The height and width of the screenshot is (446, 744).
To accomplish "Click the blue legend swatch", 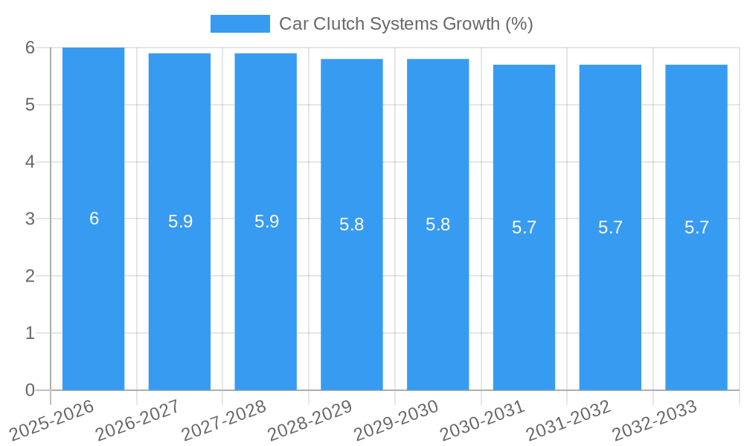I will [240, 24].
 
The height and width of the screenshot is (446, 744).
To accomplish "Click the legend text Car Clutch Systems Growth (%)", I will [405, 24].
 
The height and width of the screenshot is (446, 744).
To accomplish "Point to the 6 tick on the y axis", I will [30, 48].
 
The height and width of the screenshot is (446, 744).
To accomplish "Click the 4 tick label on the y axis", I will [30, 162].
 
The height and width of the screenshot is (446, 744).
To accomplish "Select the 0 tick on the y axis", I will [30, 390].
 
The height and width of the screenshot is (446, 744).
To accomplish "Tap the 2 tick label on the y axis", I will [30, 276].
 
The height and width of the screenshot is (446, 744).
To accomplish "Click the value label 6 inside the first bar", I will [94, 219].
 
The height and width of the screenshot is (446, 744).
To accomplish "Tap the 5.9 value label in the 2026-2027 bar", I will [180, 222].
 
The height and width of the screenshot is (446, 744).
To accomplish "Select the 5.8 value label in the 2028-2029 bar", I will [351, 224].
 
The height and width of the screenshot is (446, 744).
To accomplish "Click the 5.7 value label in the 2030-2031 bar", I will [524, 227].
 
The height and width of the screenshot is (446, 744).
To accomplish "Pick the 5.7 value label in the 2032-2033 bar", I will [696, 227].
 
